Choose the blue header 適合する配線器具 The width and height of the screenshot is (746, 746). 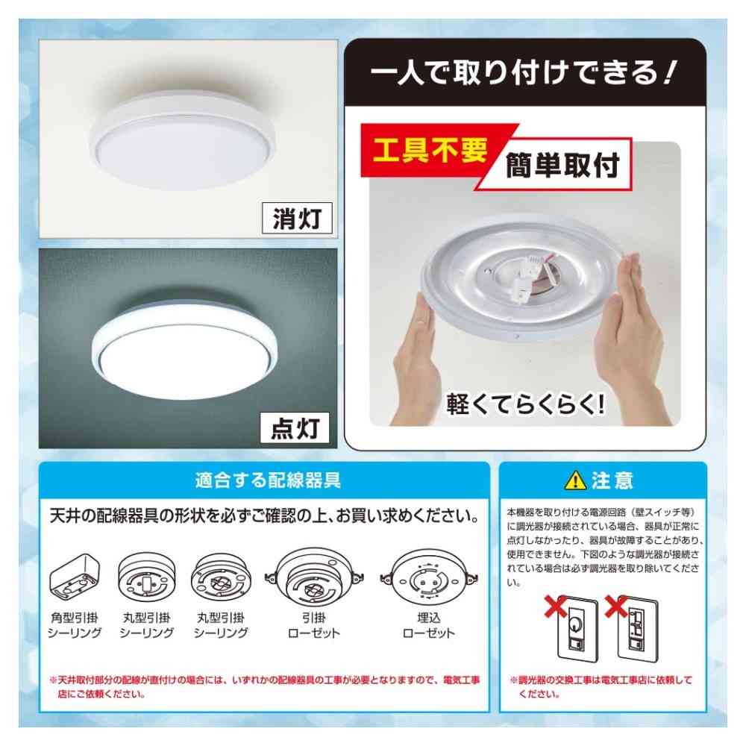click(x=266, y=480)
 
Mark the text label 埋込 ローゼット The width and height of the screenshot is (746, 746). click(x=428, y=625)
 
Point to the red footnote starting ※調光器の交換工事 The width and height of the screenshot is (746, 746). click(x=601, y=687)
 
